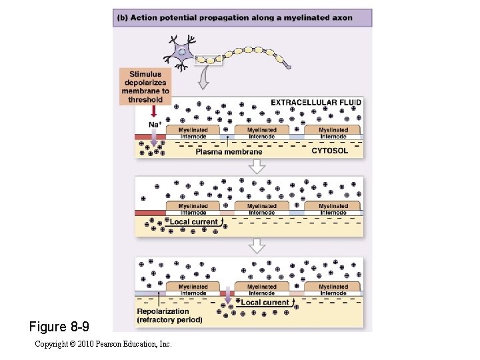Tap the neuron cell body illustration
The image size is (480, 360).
pyautogui.click(x=181, y=52)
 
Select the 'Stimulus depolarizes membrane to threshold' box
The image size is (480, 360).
pyautogui.click(x=145, y=87)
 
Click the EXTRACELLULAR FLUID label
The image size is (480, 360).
pyautogui.click(x=316, y=103)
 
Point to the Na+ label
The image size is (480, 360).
pyautogui.click(x=155, y=125)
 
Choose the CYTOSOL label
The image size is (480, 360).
pyautogui.click(x=329, y=151)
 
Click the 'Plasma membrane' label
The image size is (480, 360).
pyautogui.click(x=229, y=152)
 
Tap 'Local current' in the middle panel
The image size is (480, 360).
pyautogui.click(x=194, y=221)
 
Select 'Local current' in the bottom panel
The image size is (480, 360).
pyautogui.click(x=265, y=303)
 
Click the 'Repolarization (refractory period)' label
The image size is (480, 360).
pyautogui.click(x=169, y=315)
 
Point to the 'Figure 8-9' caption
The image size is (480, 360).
pyautogui.click(x=59, y=327)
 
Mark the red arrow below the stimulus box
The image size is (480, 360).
pyautogui.click(x=154, y=111)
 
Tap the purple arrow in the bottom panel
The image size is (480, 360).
pyautogui.click(x=228, y=297)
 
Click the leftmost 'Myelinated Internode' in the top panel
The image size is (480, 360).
pyautogui.click(x=193, y=132)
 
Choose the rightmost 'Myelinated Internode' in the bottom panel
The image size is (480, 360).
pyautogui.click(x=333, y=289)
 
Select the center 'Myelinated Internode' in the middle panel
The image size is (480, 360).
pyautogui.click(x=262, y=209)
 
